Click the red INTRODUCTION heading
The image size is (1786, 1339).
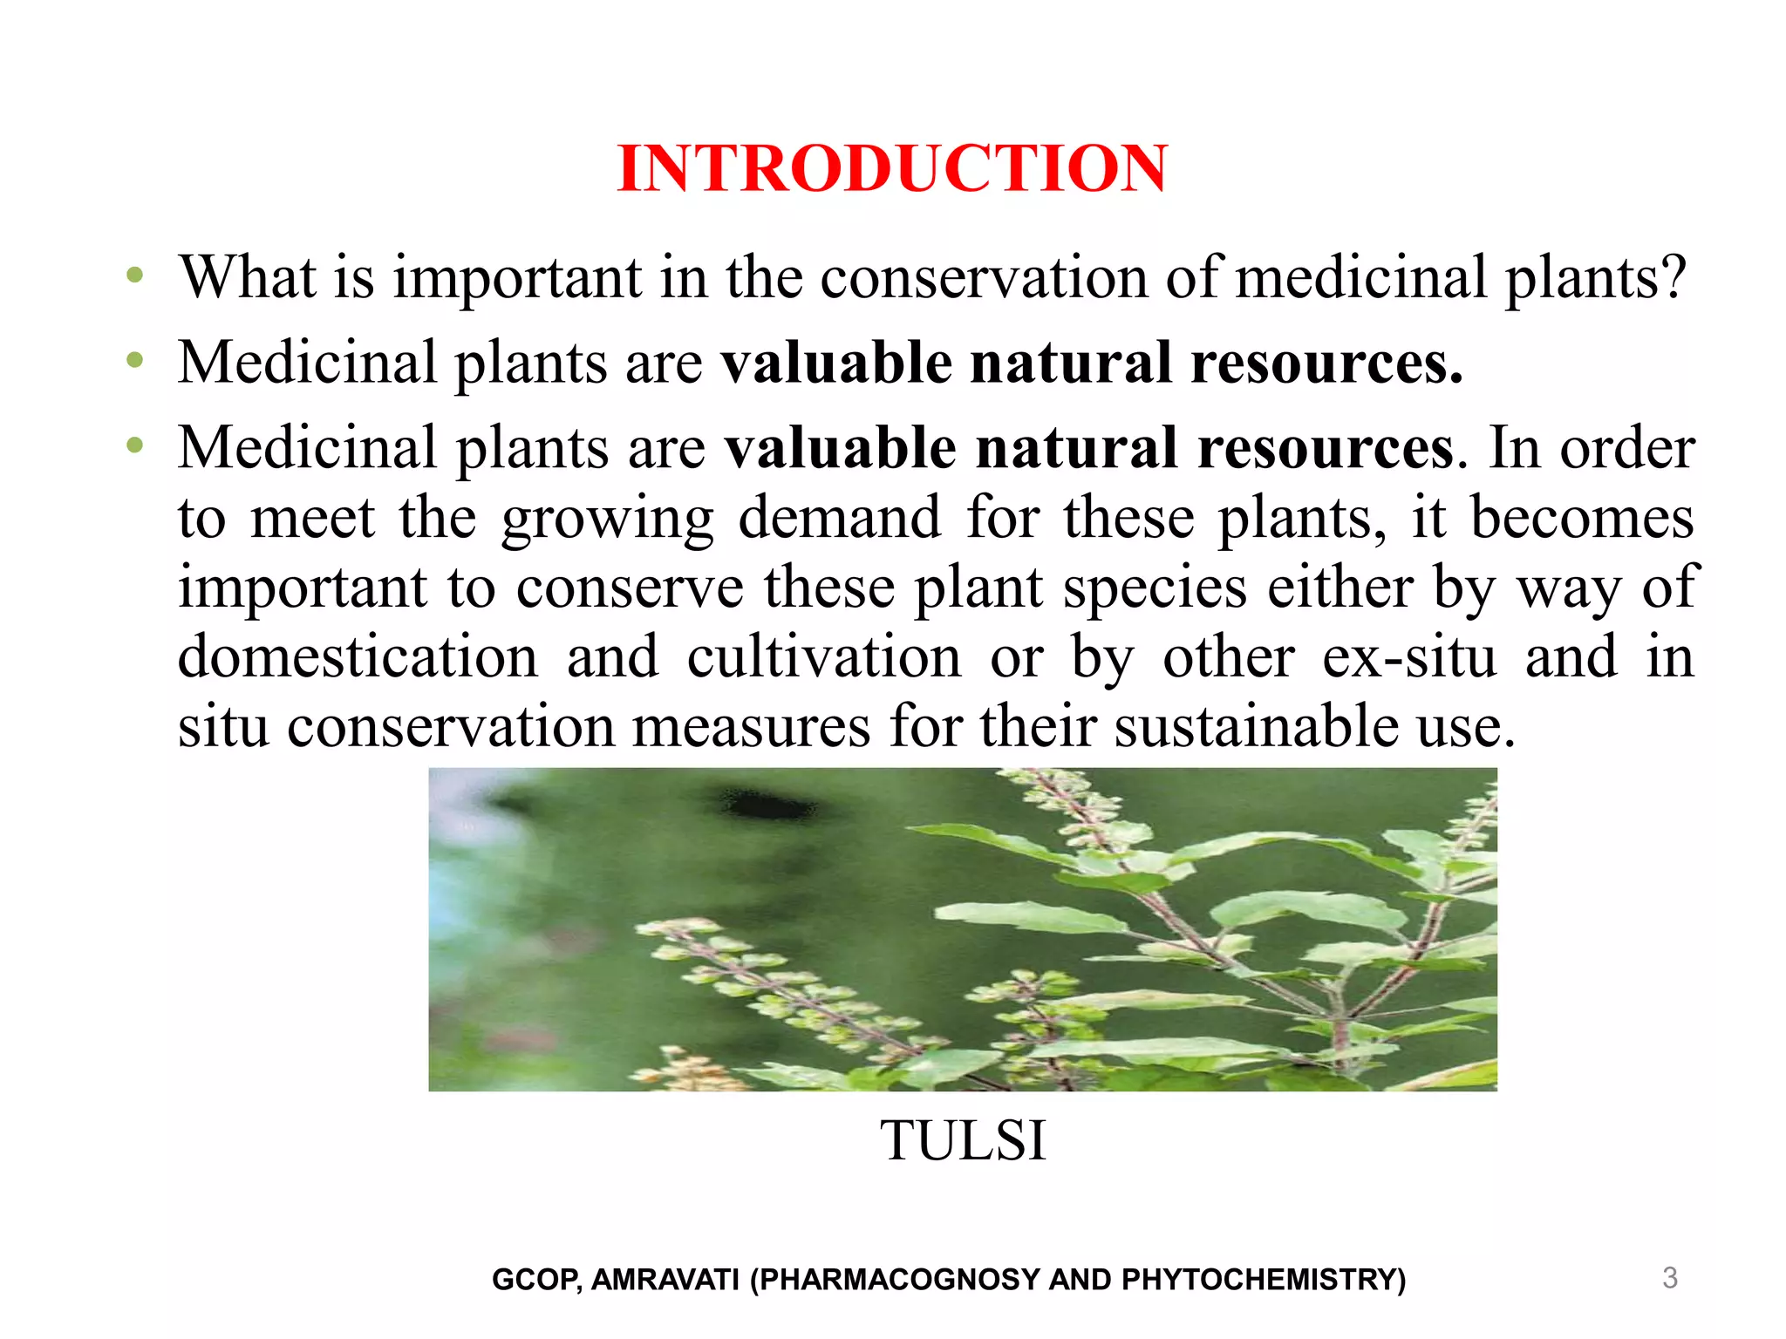point(891,168)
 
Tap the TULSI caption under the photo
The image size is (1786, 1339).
point(963,1140)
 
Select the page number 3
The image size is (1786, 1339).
point(1670,1278)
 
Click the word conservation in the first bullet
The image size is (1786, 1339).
point(984,278)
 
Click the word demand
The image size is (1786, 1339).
point(840,518)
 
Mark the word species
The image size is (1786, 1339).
point(1155,588)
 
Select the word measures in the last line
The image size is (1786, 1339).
point(751,726)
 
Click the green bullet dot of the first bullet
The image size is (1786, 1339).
point(134,276)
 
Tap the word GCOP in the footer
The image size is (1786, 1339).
point(535,1280)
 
